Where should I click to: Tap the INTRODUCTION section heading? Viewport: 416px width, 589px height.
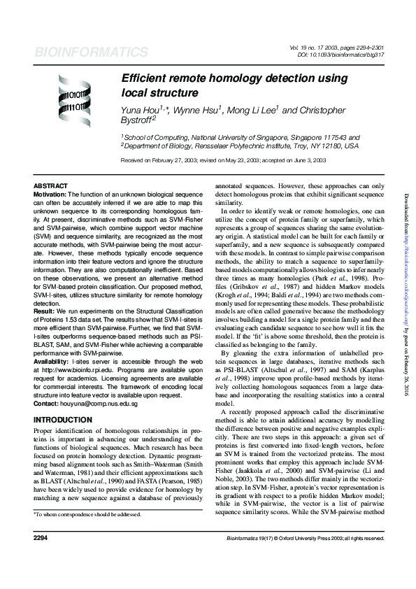click(x=63, y=420)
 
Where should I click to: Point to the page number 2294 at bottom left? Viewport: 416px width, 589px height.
click(x=40, y=558)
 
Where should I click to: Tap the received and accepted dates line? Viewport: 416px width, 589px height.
click(x=223, y=160)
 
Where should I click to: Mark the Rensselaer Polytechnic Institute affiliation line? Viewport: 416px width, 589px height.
click(x=241, y=146)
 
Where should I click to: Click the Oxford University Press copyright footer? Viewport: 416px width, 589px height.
click(x=306, y=558)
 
